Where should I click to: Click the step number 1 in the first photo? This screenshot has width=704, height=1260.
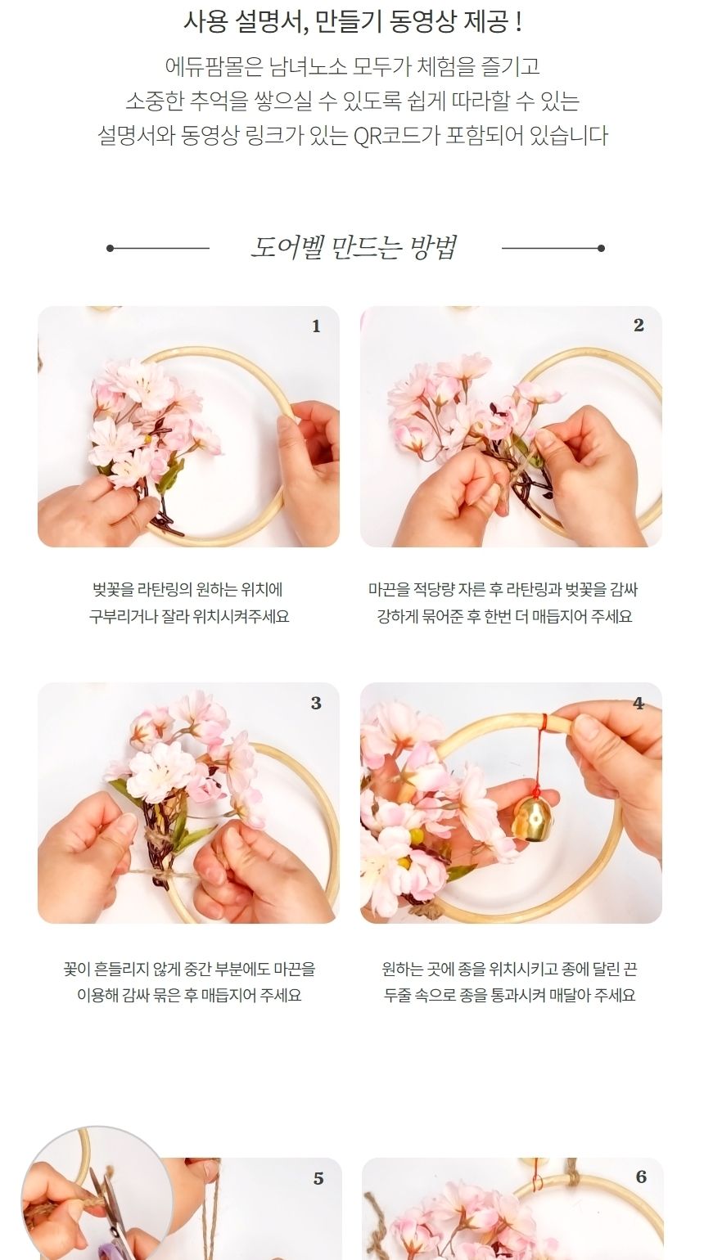pyautogui.click(x=316, y=326)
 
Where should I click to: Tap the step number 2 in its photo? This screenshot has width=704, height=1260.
pyautogui.click(x=639, y=326)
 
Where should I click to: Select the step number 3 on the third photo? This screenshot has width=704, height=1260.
pyautogui.click(x=316, y=704)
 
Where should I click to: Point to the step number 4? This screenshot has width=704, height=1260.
pyautogui.click(x=639, y=704)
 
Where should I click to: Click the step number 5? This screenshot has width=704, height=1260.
pyautogui.click(x=318, y=1178)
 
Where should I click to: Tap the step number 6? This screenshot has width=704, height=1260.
pyautogui.click(x=640, y=1177)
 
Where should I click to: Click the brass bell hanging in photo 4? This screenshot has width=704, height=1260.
pyautogui.click(x=532, y=817)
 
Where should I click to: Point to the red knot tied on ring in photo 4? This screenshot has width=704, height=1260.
pyautogui.click(x=544, y=722)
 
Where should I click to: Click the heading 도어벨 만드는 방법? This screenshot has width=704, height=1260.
pyautogui.click(x=354, y=247)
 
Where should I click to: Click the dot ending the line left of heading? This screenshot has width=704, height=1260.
pyautogui.click(x=111, y=248)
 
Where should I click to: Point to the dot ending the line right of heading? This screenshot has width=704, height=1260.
pyautogui.click(x=601, y=248)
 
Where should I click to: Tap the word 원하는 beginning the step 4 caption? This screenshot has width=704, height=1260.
pyautogui.click(x=403, y=970)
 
